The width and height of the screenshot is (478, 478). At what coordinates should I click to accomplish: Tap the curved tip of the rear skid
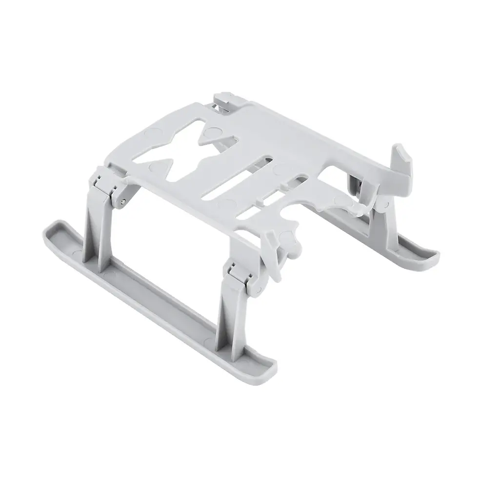429,254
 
